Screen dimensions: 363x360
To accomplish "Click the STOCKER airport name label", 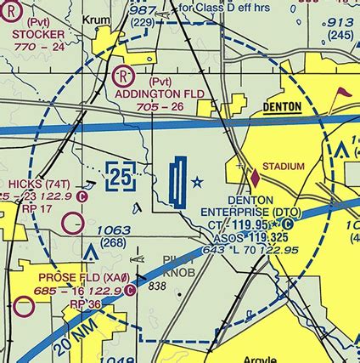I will [39, 34].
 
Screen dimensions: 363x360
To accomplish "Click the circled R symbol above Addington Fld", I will [121, 75].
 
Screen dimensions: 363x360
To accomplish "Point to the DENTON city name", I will [287, 108].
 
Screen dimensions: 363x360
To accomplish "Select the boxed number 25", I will [121, 176].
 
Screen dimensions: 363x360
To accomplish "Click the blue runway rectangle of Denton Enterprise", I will [177, 183].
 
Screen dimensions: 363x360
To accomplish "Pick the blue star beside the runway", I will [198, 181].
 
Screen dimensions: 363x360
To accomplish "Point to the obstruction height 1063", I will [113, 230].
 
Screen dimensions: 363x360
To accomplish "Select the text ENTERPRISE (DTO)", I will [250, 212].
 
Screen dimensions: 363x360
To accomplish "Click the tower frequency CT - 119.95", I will [244, 224].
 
